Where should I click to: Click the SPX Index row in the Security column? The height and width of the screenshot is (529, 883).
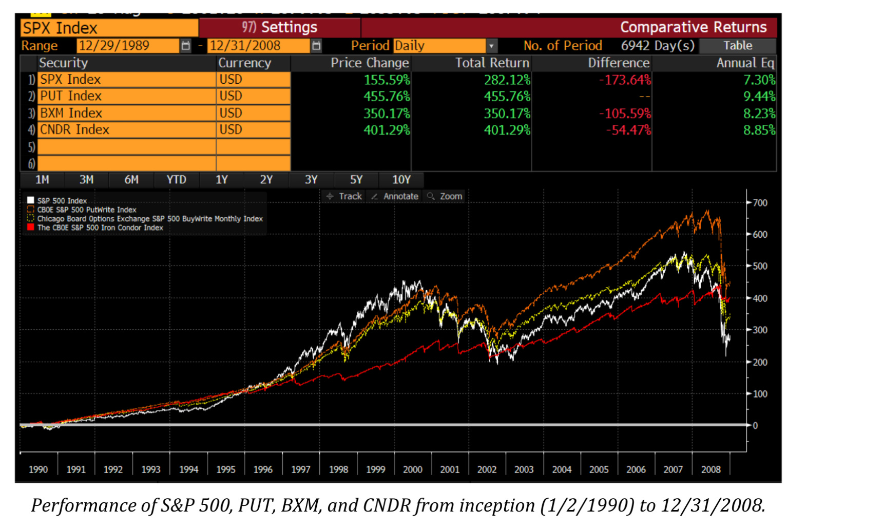[126, 80]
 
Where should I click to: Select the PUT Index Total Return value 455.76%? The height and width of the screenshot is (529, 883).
[506, 97]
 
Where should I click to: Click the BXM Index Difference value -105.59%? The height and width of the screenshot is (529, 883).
[624, 113]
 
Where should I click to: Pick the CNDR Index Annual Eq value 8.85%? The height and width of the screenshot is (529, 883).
[759, 130]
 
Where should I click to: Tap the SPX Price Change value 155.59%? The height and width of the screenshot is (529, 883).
[387, 80]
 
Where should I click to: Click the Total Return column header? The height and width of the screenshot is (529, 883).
[492, 63]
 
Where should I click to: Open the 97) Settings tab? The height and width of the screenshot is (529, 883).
[280, 27]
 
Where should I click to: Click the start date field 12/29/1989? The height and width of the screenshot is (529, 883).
[127, 46]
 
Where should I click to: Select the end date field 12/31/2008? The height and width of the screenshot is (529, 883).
[258, 46]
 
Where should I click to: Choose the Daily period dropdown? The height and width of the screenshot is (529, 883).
[445, 46]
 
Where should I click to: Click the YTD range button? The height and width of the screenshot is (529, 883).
[176, 180]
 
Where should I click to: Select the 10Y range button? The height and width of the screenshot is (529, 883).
[401, 180]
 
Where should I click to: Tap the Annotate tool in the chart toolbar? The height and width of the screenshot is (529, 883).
[395, 196]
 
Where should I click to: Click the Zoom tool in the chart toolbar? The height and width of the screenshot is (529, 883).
[445, 196]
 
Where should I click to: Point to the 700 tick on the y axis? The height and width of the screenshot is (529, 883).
[759, 203]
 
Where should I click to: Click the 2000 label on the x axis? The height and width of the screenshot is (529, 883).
[412, 469]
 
